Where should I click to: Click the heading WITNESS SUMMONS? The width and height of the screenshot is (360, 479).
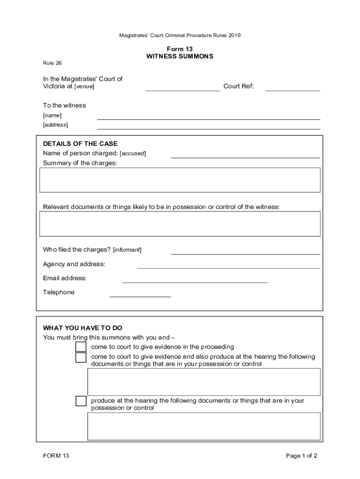pyautogui.click(x=180, y=56)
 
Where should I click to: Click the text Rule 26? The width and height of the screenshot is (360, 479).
pyautogui.click(x=52, y=63)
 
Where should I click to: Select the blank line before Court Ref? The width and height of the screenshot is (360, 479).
pyautogui.click(x=183, y=90)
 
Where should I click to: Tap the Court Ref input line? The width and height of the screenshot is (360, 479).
pyautogui.click(x=292, y=90)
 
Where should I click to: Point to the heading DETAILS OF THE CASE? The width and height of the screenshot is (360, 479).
pyautogui.click(x=80, y=144)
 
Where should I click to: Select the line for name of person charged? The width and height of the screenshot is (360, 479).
pyautogui.click(x=245, y=157)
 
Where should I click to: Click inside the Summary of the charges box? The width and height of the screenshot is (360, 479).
pyautogui.click(x=180, y=180)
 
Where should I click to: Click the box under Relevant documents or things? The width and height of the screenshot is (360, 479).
pyautogui.click(x=180, y=224)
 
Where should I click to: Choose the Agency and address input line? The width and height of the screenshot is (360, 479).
pyautogui.click(x=229, y=268)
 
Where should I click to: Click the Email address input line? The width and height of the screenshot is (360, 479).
pyautogui.click(x=195, y=282)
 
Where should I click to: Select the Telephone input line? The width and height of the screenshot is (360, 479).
pyautogui.click(x=140, y=296)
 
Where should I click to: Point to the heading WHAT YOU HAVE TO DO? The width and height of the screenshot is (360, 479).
pyautogui.click(x=82, y=328)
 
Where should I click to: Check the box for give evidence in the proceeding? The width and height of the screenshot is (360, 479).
pyautogui.click(x=81, y=347)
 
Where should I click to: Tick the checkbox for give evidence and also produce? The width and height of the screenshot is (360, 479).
pyautogui.click(x=81, y=357)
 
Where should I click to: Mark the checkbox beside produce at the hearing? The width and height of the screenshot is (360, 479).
pyautogui.click(x=81, y=401)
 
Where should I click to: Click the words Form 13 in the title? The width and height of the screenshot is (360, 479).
pyautogui.click(x=180, y=49)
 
